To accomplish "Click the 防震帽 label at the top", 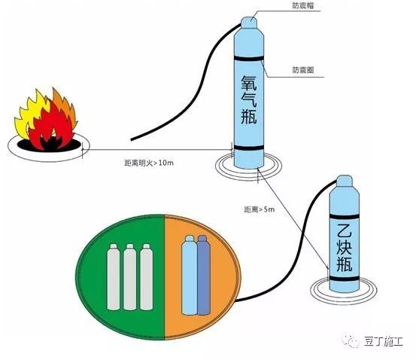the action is click(303, 6).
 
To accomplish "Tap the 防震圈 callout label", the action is click(303, 70).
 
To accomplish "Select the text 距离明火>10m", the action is click(149, 163).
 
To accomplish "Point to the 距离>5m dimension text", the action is click(260, 209).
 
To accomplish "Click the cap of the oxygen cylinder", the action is click(249, 23).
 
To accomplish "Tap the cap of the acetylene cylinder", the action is click(345, 181).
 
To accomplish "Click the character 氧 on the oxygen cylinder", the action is click(249, 83).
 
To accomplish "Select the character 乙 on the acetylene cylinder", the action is click(344, 230).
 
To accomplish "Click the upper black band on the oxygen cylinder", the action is click(249, 58).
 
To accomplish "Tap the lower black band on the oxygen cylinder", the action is click(249, 148).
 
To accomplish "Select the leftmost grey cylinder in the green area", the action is click(114, 277).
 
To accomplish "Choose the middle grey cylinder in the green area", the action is click(130, 277).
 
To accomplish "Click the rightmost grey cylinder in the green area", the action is click(147, 277).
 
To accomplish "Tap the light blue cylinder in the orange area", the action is click(189, 275).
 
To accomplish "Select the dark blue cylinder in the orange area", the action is click(204, 275).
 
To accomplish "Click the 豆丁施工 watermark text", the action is click(384, 341).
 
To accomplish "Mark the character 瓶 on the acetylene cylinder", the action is click(344, 264).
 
